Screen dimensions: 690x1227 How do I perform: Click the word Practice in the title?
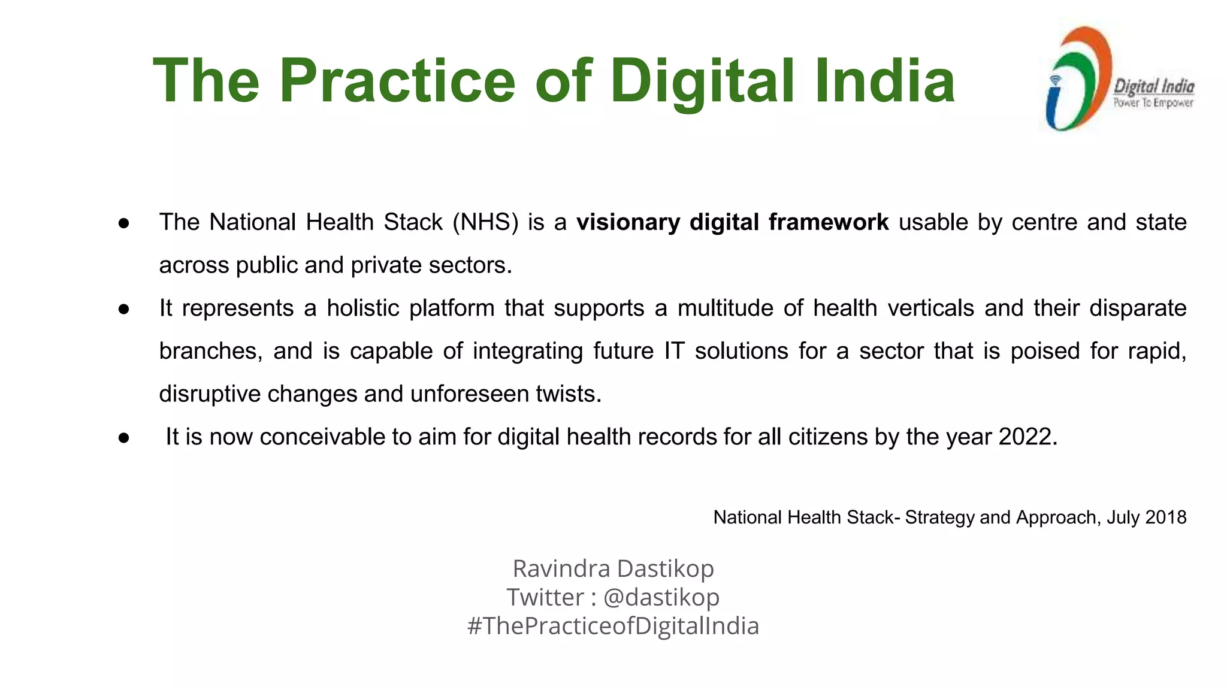[397, 81]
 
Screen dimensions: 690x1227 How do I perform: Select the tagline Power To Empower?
[1153, 103]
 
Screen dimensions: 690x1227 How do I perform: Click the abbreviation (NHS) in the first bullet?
[485, 222]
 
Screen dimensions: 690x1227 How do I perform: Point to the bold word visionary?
[628, 223]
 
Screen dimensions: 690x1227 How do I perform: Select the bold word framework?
[829, 222]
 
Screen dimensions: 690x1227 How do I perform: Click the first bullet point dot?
[124, 223]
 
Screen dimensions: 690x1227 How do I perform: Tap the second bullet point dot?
[124, 309]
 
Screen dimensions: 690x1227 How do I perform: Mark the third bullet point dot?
[124, 438]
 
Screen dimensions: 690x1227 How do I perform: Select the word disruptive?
[209, 394]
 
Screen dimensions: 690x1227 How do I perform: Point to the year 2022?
[1027, 437]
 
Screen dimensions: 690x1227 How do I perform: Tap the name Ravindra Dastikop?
[613, 568]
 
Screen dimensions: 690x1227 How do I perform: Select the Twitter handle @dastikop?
[661, 597]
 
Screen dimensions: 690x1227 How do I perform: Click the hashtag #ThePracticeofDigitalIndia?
[613, 626]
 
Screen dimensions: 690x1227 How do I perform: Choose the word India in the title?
[884, 81]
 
